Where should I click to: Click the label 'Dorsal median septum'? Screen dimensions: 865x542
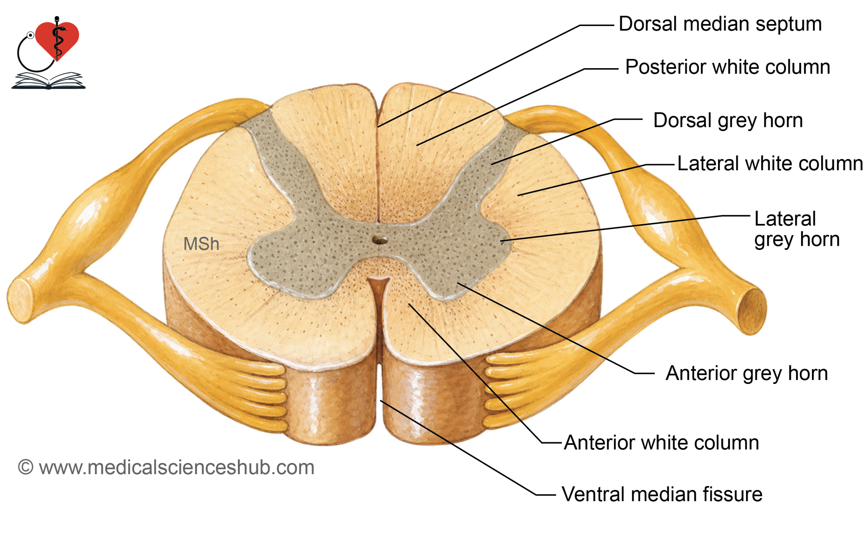coord(720,24)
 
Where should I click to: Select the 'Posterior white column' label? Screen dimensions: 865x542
coord(727,67)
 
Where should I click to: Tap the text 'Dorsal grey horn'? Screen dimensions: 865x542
coord(727,121)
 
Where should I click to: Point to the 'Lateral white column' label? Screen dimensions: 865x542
coord(770,163)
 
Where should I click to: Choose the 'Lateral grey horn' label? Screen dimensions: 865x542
coord(796,229)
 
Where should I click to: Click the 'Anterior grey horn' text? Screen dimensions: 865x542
coord(747,373)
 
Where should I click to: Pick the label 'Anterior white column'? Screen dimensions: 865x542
coord(662,443)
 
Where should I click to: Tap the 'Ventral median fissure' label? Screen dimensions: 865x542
coord(662,494)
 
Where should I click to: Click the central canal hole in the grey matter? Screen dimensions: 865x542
coord(379,240)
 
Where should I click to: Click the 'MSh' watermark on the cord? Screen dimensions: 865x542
coord(201,244)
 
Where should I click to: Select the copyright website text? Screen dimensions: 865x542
coord(166,467)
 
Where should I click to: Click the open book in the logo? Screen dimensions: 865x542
coord(49,81)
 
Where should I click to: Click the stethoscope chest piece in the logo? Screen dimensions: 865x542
coord(30,35)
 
